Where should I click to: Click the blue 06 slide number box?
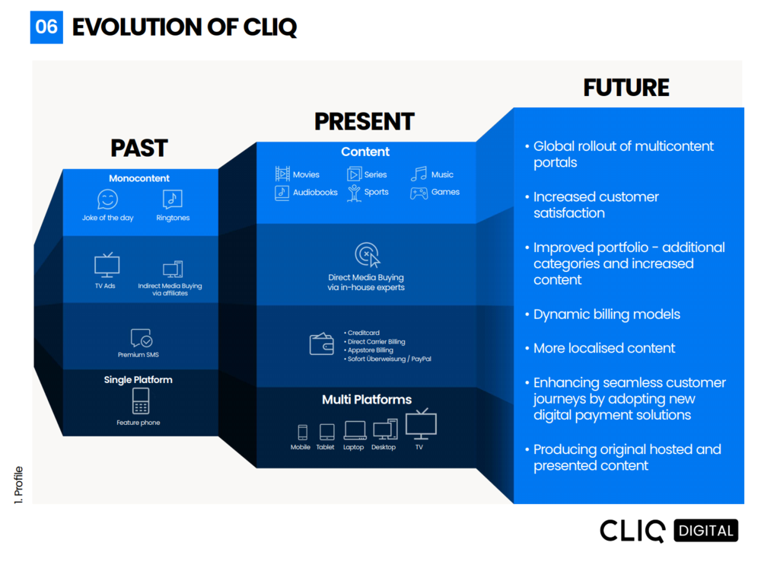pos(46,27)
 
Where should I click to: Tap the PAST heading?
pos(139,148)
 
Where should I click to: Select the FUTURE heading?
pos(626,88)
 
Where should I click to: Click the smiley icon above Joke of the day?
pos(107,200)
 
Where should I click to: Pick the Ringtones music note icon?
pos(173,200)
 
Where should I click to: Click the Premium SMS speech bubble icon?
pos(141,338)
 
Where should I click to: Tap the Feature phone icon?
pos(140,401)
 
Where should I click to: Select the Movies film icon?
pos(282,174)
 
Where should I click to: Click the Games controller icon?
pos(419,193)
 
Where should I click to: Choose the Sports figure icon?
pos(354,193)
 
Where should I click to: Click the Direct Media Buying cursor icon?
pos(367,254)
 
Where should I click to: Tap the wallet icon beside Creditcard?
pos(321,344)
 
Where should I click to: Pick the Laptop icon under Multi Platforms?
pos(354,431)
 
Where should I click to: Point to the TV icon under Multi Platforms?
pos(420,424)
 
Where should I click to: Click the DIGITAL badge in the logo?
pos(706,530)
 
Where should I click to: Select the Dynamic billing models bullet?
pos(607,315)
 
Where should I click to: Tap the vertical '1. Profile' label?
pos(19,484)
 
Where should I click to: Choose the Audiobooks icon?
pos(282,193)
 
